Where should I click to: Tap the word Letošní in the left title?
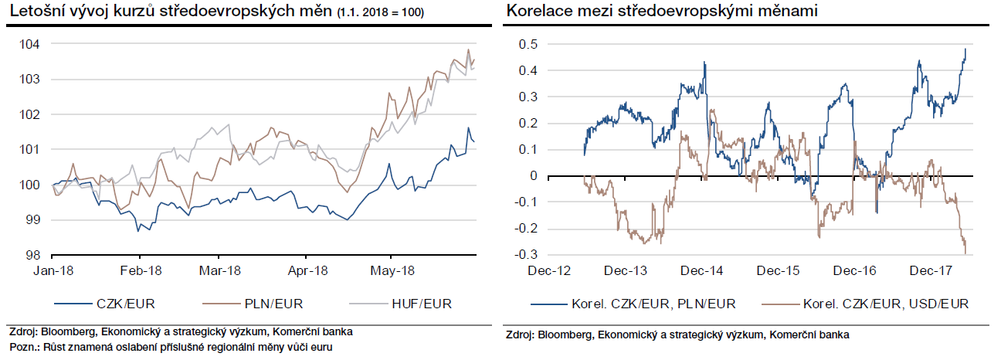coord(32,12)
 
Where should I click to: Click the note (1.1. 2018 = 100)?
coord(380,13)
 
